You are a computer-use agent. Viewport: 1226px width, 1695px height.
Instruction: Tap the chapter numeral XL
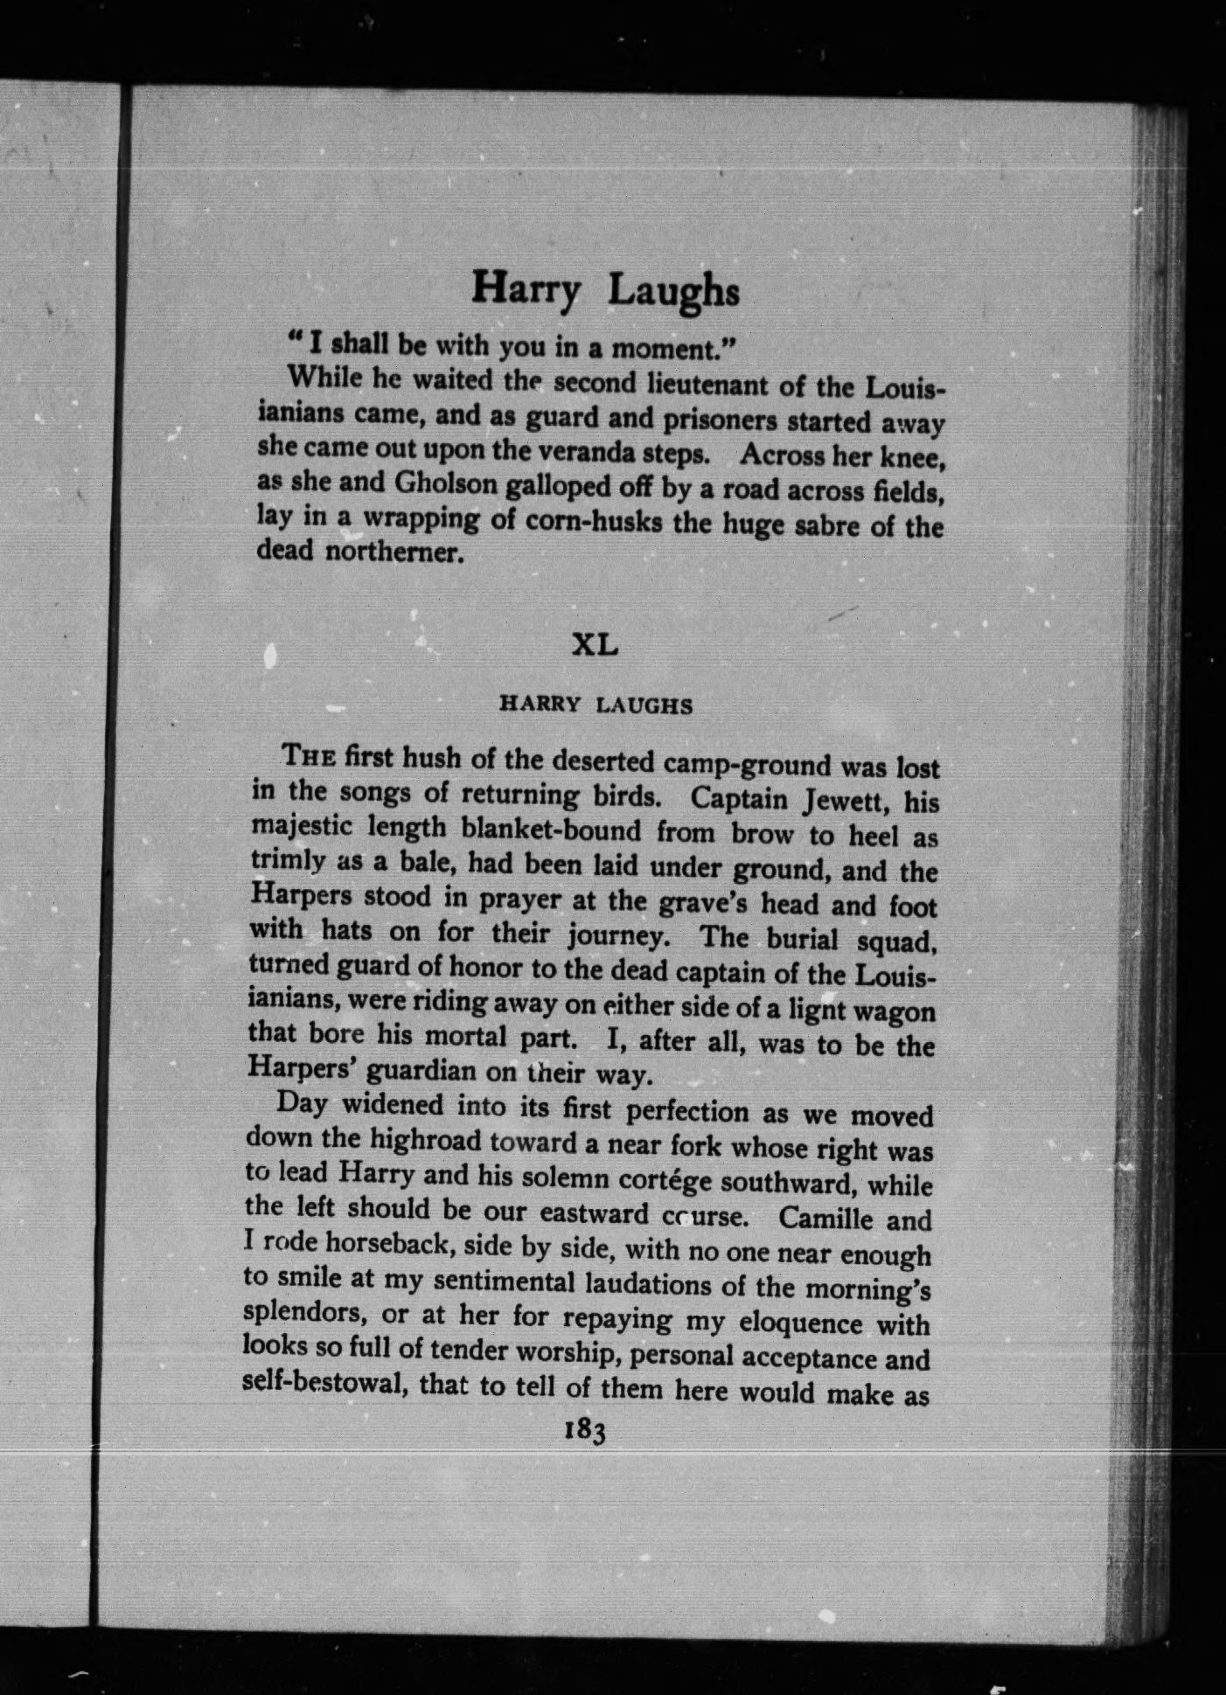coord(595,645)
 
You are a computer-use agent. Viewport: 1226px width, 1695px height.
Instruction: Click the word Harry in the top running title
coord(525,288)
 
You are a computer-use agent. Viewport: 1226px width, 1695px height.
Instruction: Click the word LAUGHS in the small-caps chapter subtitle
coord(644,706)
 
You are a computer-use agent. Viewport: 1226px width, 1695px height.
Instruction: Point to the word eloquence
coord(795,1323)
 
